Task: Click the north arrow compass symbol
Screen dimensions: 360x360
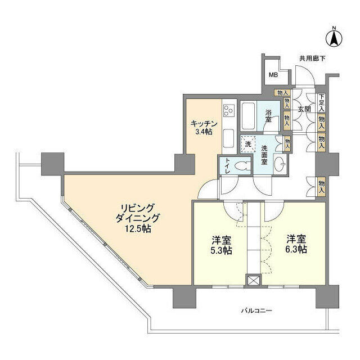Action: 334,38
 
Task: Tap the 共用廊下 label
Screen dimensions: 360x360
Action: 312,58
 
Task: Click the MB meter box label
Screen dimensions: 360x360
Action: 273,75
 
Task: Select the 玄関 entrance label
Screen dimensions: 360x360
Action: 304,110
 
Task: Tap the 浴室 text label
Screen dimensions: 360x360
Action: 268,115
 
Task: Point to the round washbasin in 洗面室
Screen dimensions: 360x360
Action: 280,164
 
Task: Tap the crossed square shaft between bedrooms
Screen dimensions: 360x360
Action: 254,281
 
